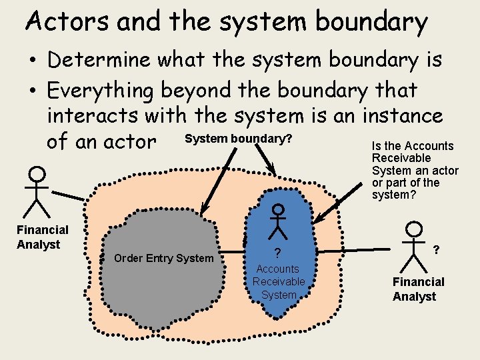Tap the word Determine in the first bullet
(100, 60)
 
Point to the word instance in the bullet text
(402, 116)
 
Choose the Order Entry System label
(164, 258)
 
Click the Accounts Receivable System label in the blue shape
(278, 281)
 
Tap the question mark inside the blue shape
(277, 253)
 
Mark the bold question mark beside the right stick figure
(435, 249)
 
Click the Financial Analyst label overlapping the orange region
(42, 237)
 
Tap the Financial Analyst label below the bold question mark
(418, 289)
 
